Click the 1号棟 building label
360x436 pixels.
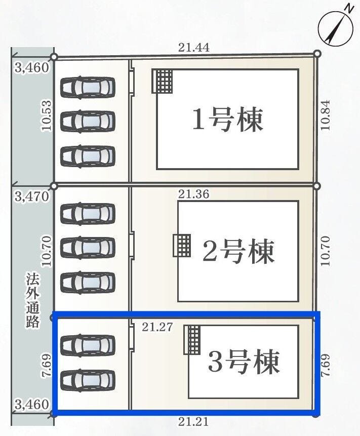227,120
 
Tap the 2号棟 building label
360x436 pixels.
238,251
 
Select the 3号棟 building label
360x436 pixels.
244,362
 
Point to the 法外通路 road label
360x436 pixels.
33,300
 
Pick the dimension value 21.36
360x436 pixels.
193,193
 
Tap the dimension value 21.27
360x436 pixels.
157,327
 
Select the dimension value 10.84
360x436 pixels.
325,115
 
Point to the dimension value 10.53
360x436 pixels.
47,116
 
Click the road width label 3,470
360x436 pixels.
32,196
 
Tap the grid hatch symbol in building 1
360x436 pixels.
163,81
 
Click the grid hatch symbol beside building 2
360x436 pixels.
182,246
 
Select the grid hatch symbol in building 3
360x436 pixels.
192,339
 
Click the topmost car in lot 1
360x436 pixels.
88,87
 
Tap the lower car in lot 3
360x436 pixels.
88,380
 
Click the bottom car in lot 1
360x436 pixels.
88,155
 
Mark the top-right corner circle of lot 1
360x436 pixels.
317,53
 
